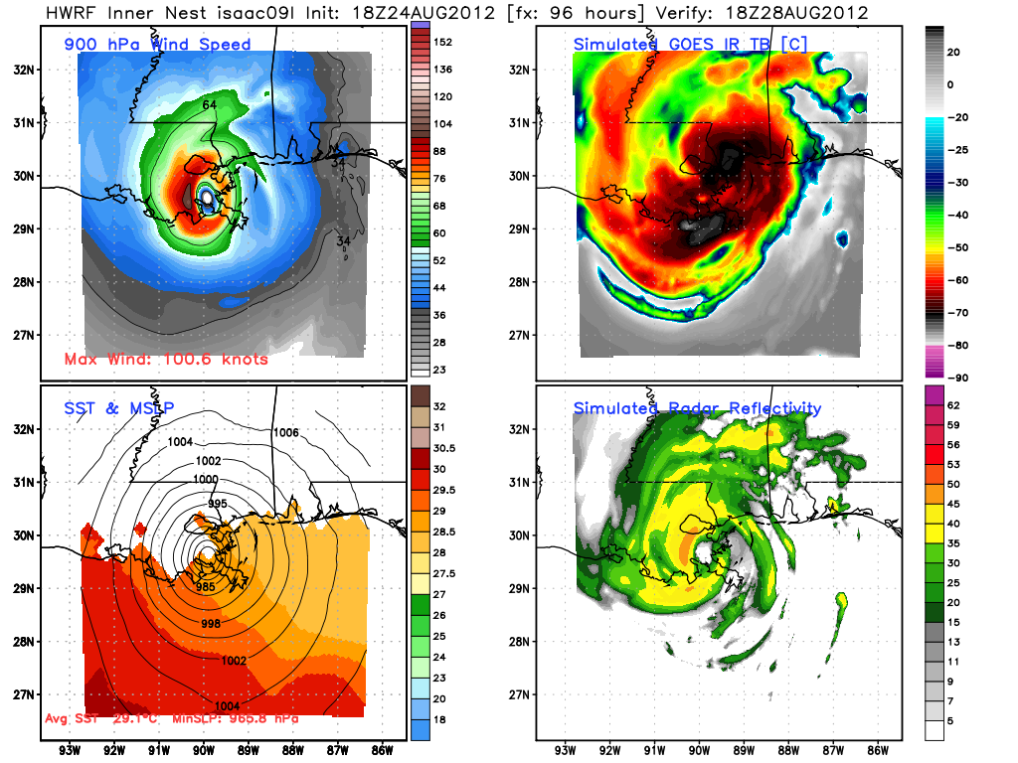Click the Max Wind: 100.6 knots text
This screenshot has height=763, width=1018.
(x=166, y=359)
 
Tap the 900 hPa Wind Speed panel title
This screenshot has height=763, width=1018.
(x=157, y=44)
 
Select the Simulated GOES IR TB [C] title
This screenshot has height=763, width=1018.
(x=690, y=44)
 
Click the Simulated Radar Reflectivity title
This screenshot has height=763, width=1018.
(x=697, y=408)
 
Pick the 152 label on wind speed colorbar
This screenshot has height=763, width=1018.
(x=443, y=42)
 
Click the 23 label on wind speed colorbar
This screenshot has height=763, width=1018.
(x=440, y=370)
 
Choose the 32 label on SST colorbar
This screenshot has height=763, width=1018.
(x=440, y=405)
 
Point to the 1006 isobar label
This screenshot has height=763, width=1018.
(x=285, y=432)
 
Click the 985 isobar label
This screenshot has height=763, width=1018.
(x=206, y=587)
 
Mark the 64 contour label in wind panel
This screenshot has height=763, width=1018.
(x=210, y=105)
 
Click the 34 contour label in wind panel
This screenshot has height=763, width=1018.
(x=344, y=240)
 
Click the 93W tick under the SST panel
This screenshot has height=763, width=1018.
(x=70, y=750)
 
